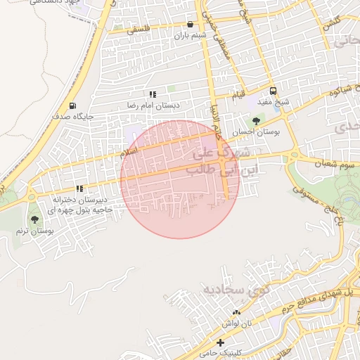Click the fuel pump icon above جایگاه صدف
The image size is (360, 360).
click(x=73, y=105)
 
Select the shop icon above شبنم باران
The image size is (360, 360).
click(x=190, y=25)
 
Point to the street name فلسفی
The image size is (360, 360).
click(x=139, y=30)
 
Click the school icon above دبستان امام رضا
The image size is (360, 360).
click(x=153, y=94)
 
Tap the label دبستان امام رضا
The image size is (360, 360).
click(x=153, y=105)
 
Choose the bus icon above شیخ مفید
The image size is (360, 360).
click(x=273, y=91)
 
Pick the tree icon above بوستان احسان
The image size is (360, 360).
click(x=255, y=121)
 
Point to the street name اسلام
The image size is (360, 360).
click(x=129, y=152)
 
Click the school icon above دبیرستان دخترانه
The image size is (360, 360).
click(x=79, y=188)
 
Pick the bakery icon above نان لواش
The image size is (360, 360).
click(x=236, y=312)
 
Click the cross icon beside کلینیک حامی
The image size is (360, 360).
click(x=221, y=342)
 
